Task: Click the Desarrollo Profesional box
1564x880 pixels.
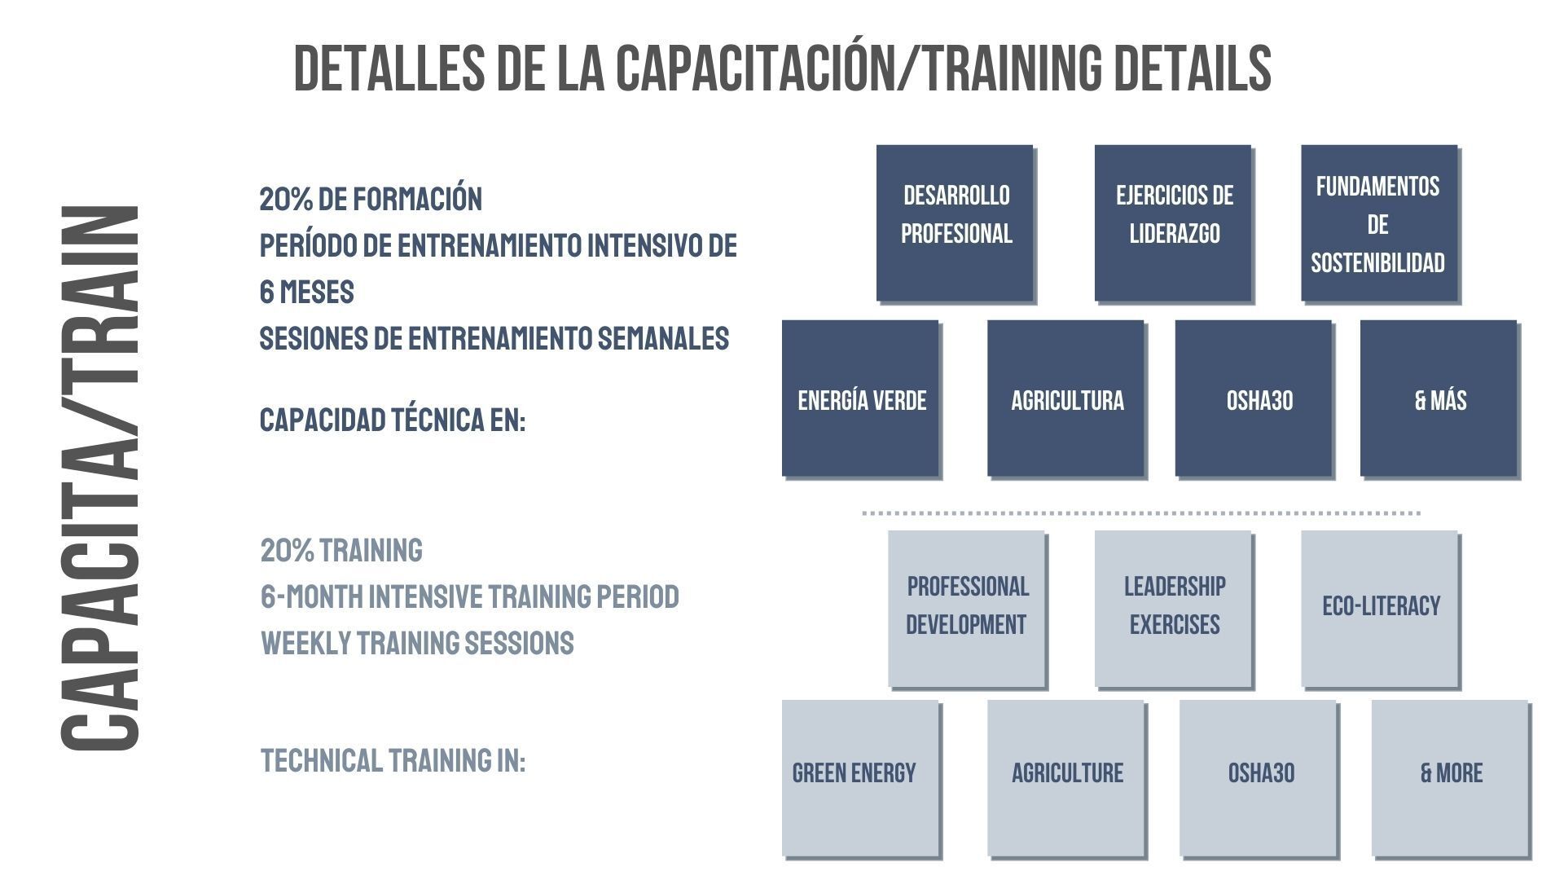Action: tap(955, 223)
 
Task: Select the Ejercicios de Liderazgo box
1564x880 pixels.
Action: tap(1173, 223)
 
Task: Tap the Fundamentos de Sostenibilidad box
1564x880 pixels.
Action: tap(1379, 223)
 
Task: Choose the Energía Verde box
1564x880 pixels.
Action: tap(860, 398)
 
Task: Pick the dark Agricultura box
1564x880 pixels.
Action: tap(1065, 398)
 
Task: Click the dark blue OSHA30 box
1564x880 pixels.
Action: tap(1254, 398)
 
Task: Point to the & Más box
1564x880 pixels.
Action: tap(1439, 398)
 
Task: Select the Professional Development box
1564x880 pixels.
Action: tap(966, 609)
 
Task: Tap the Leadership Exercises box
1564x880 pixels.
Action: tap(1173, 609)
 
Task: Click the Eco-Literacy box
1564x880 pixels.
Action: tap(1379, 609)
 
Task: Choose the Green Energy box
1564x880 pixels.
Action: tap(860, 778)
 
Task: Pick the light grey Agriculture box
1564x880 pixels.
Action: tap(1065, 778)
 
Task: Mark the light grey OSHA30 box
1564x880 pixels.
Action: tap(1258, 778)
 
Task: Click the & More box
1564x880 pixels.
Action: tap(1450, 778)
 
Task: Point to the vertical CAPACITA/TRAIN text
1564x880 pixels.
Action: tap(99, 478)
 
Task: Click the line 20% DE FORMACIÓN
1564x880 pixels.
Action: tap(371, 199)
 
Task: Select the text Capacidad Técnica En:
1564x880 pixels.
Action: tap(393, 420)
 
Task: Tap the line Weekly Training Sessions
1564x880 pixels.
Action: tap(417, 643)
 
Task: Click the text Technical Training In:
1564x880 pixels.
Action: tap(393, 760)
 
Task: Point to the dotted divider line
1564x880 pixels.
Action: tap(1141, 513)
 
